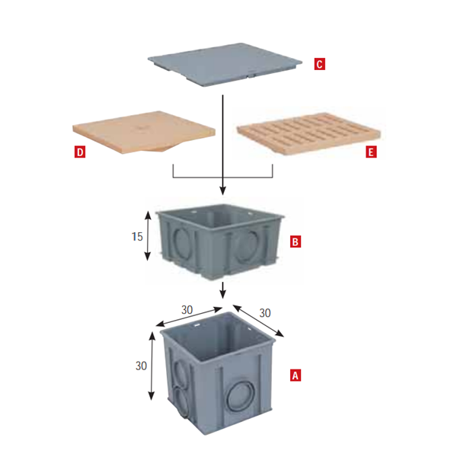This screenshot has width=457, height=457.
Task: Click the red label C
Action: click(x=319, y=64)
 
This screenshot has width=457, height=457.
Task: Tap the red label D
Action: click(x=80, y=152)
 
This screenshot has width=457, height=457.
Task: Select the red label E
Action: click(x=371, y=152)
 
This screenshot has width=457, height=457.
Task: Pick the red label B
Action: click(x=296, y=242)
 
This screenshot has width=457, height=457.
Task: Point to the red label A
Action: click(x=296, y=376)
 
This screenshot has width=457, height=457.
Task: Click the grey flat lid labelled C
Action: click(x=225, y=64)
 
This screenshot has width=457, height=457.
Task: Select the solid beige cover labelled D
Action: click(x=144, y=131)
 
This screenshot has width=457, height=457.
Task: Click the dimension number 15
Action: click(x=137, y=236)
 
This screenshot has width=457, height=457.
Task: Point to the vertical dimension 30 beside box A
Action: click(x=141, y=366)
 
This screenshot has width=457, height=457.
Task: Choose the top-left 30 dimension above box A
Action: click(x=187, y=310)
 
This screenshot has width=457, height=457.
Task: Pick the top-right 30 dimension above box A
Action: click(x=265, y=313)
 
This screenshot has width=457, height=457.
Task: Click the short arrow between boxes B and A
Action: click(x=222, y=290)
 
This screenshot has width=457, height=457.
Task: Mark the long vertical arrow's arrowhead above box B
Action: click(x=222, y=191)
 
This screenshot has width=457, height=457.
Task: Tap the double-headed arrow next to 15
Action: click(x=148, y=236)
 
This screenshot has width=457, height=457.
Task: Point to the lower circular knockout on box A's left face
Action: click(x=183, y=401)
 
